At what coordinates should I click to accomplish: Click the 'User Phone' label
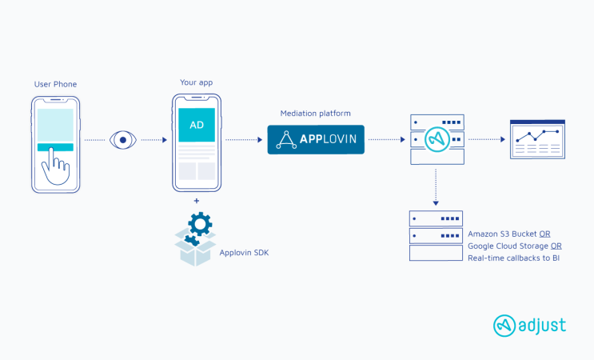pyautogui.click(x=54, y=83)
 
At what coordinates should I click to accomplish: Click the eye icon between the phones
pyautogui.click(x=122, y=140)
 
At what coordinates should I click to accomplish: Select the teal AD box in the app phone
pyautogui.click(x=196, y=125)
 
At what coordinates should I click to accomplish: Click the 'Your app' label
pyautogui.click(x=196, y=83)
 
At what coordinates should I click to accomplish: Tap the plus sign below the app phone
pyautogui.click(x=196, y=201)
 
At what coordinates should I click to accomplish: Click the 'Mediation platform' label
pyautogui.click(x=315, y=114)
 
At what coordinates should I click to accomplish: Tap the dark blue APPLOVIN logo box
pyautogui.click(x=315, y=140)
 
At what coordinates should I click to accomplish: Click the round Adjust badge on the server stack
pyautogui.click(x=436, y=139)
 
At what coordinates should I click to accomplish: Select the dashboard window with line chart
pyautogui.click(x=537, y=139)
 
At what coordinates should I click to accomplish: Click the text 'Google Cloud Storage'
pyautogui.click(x=508, y=246)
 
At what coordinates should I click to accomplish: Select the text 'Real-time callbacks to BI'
pyautogui.click(x=513, y=258)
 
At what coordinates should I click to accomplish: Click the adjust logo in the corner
pyautogui.click(x=529, y=325)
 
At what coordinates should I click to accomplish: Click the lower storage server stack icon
pyautogui.click(x=436, y=236)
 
